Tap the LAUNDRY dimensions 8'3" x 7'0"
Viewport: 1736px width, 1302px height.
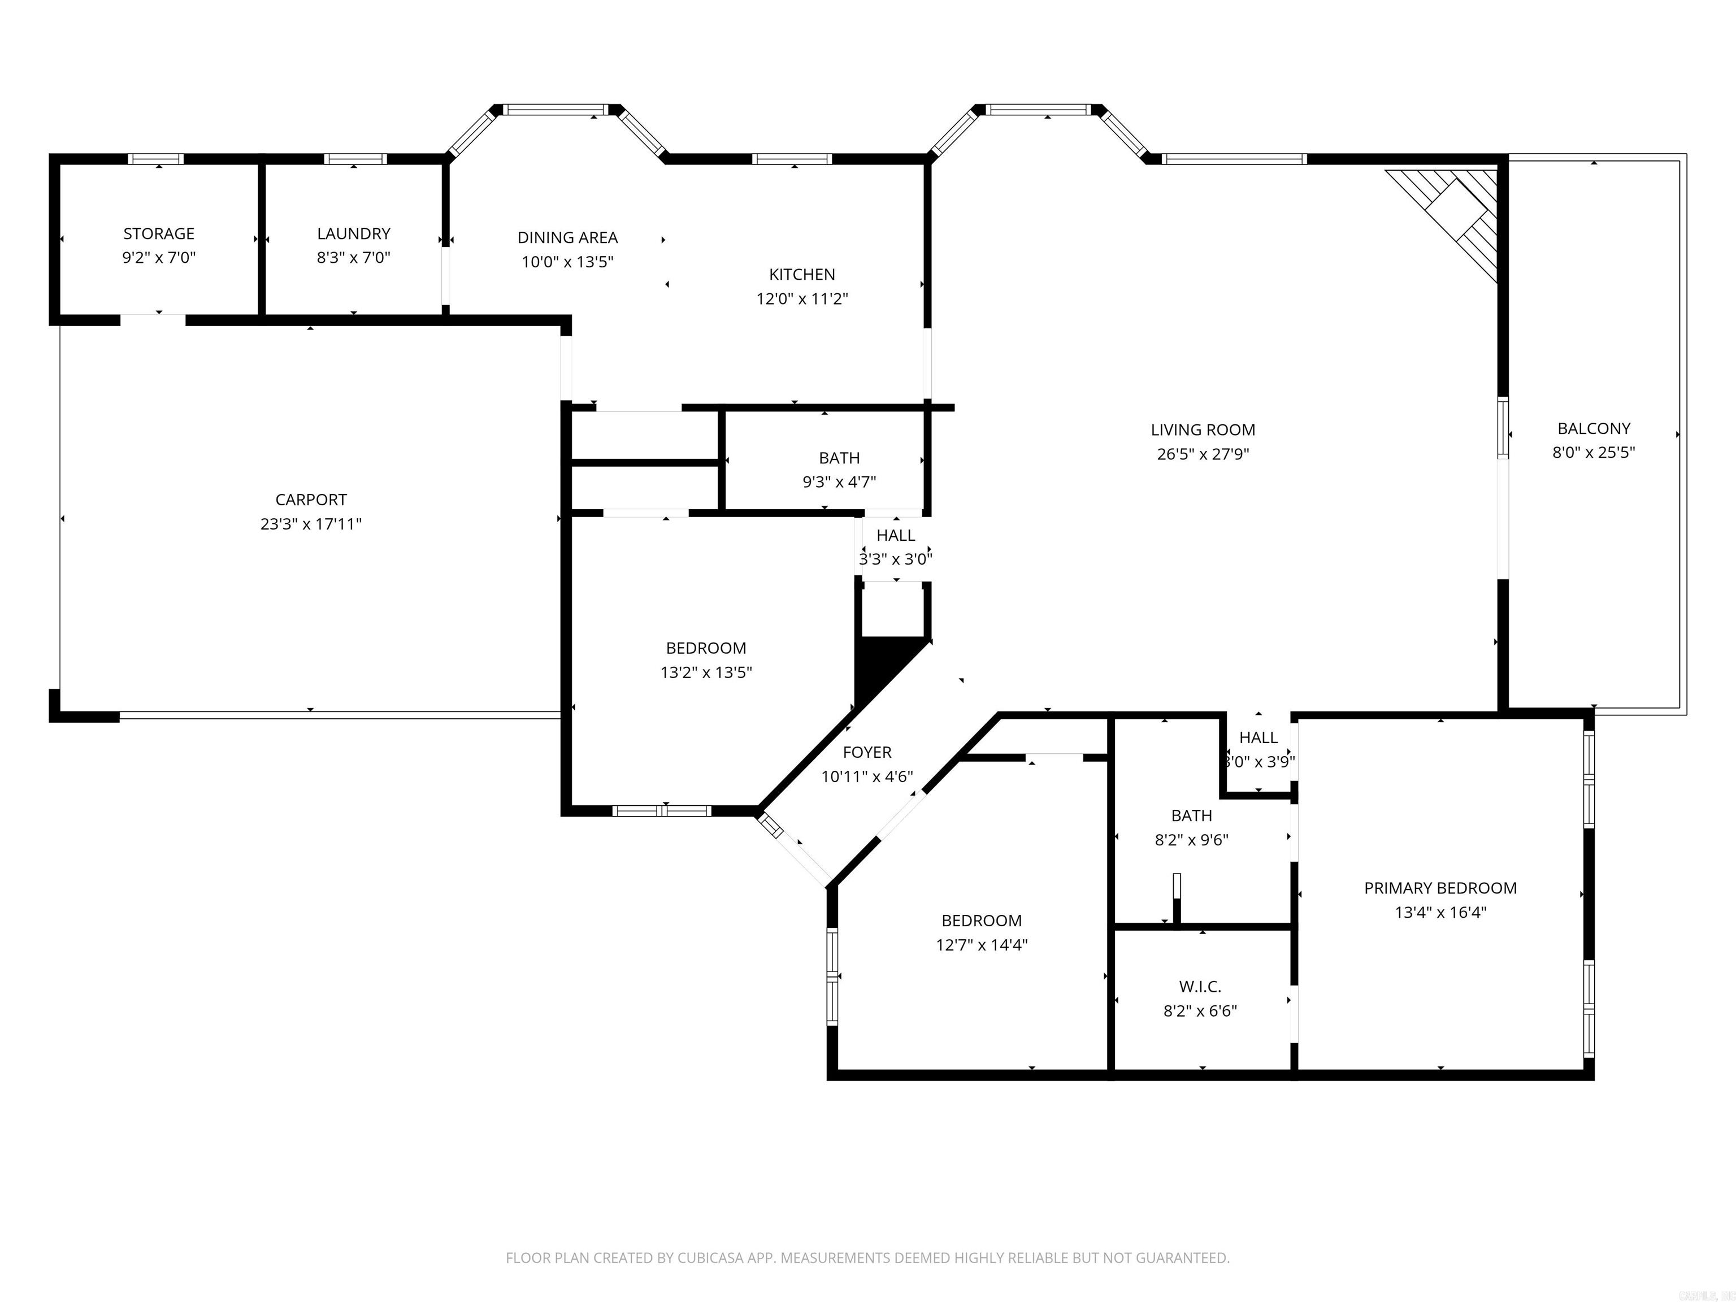point(353,258)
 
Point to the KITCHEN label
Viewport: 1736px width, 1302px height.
point(801,275)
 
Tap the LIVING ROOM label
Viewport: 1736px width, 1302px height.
point(1203,430)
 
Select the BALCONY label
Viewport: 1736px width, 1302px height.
point(1593,428)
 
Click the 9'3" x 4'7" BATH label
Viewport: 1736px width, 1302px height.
point(839,458)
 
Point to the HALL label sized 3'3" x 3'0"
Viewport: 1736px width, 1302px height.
point(896,535)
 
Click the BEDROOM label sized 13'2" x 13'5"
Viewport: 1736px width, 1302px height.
point(706,648)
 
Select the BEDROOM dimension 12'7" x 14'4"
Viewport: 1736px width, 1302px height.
point(981,945)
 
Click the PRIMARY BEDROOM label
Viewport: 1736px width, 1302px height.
point(1439,888)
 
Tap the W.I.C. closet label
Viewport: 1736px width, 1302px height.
point(1199,987)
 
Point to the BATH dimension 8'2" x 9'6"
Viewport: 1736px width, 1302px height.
point(1191,840)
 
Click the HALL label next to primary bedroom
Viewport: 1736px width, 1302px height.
point(1258,737)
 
